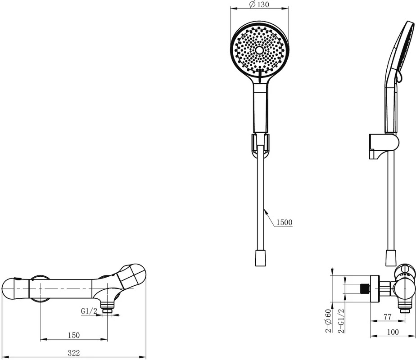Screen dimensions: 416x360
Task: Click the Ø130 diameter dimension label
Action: click(x=259, y=4)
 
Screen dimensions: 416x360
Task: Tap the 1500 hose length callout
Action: click(x=284, y=222)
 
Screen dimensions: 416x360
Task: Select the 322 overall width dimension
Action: click(x=74, y=353)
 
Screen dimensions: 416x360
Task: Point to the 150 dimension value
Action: click(x=74, y=335)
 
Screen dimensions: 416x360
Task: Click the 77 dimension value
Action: click(x=388, y=316)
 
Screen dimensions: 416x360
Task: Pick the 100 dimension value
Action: click(x=393, y=332)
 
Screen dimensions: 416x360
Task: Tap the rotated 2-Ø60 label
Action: click(x=329, y=321)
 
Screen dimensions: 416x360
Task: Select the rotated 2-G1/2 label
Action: click(x=341, y=321)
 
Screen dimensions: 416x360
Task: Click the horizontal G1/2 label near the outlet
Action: click(x=89, y=311)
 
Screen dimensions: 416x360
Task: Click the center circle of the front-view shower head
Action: click(x=259, y=50)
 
